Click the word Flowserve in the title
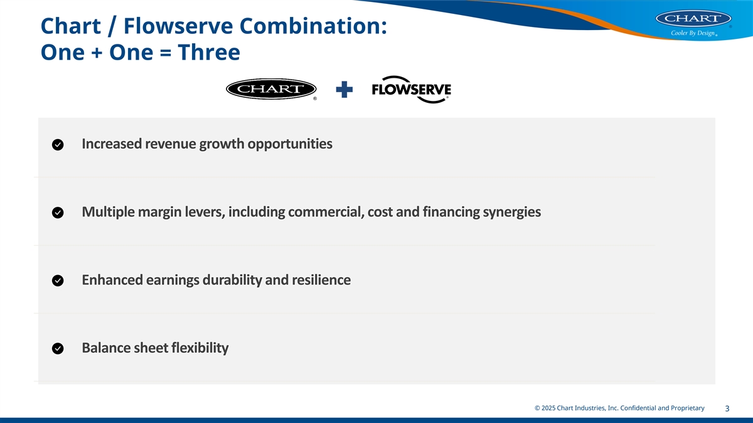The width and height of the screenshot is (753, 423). (178, 26)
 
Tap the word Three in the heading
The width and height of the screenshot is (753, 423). (209, 53)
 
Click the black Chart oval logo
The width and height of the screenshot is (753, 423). (271, 89)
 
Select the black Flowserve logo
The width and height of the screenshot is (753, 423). (412, 90)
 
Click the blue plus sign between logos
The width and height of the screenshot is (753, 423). (344, 90)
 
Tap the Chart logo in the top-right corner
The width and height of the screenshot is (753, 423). (693, 18)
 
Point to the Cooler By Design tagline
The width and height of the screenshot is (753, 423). (693, 33)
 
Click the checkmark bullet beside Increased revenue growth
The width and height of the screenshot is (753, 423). (58, 145)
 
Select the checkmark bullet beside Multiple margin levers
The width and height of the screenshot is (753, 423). (58, 212)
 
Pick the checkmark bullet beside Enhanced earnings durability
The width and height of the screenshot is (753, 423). (58, 281)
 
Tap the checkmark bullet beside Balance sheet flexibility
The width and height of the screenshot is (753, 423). (58, 348)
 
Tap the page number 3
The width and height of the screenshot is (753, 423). (727, 409)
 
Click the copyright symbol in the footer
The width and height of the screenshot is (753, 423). (537, 408)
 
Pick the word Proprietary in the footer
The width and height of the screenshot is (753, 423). (688, 408)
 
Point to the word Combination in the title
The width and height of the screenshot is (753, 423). (313, 26)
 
